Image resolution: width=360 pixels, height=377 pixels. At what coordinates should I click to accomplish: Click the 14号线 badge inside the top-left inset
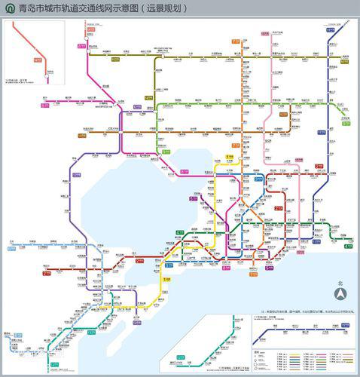[38, 59]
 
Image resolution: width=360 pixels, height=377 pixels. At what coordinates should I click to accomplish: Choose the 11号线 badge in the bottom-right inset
[344, 325]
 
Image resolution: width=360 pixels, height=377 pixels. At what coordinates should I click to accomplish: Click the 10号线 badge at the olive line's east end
[344, 61]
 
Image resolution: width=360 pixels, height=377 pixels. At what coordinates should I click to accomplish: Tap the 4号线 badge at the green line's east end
[347, 246]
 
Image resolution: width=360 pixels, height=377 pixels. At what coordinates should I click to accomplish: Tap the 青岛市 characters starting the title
[29, 8]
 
